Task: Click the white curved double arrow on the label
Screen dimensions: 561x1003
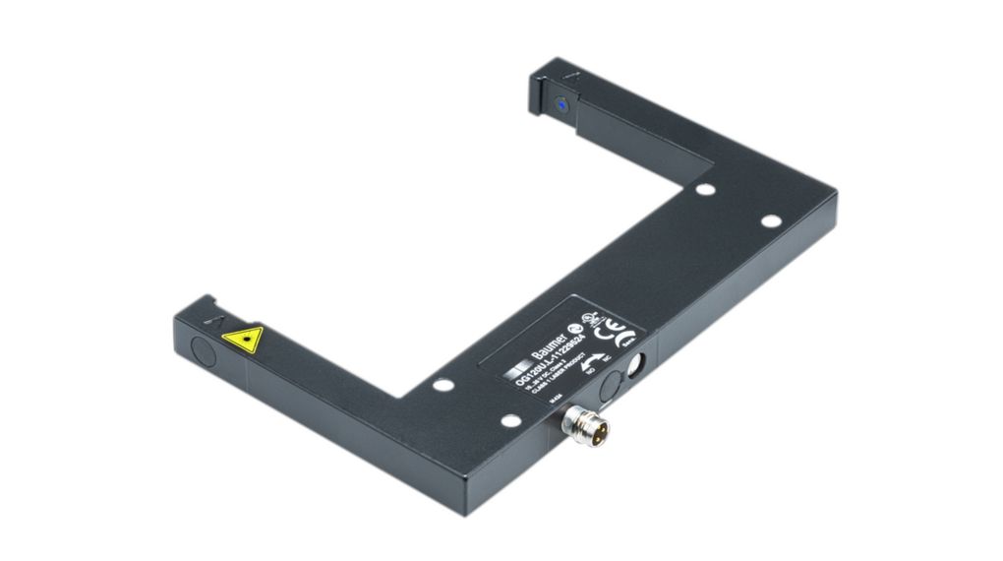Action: pos(592,365)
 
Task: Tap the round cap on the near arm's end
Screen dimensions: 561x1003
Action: pos(200,351)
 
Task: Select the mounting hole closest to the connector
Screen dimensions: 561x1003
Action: pos(510,420)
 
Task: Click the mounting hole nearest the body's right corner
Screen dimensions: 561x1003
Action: pos(771,222)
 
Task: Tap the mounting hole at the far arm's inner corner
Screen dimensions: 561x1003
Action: pos(703,190)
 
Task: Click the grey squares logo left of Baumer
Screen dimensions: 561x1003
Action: pos(516,372)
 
